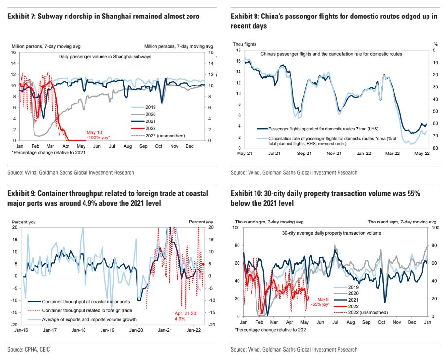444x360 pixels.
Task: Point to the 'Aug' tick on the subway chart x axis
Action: coord(128,146)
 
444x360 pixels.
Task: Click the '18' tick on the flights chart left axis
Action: coord(239,50)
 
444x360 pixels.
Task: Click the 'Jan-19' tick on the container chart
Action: coord(107,331)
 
